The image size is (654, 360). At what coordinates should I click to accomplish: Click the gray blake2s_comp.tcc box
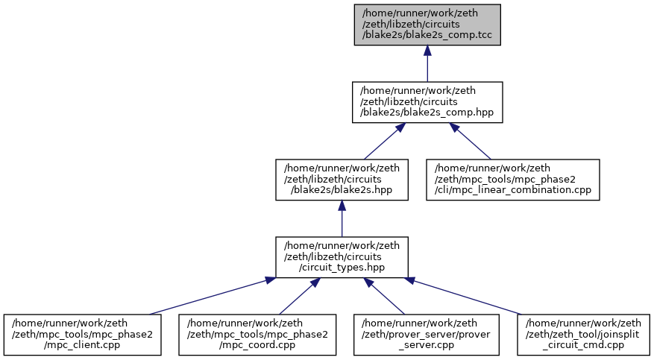pyautogui.click(x=427, y=25)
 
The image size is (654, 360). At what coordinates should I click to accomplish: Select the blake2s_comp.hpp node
pyautogui.click(x=427, y=102)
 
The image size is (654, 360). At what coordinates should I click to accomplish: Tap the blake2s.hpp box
pyautogui.click(x=342, y=180)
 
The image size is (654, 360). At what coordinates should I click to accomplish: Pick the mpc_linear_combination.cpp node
pyautogui.click(x=512, y=180)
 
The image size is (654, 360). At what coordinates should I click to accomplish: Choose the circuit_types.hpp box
pyautogui.click(x=342, y=257)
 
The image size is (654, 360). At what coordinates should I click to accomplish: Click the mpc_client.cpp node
pyautogui.click(x=82, y=335)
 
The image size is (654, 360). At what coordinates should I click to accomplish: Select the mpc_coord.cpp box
pyautogui.click(x=257, y=335)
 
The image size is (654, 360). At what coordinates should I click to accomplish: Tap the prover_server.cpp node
pyautogui.click(x=427, y=335)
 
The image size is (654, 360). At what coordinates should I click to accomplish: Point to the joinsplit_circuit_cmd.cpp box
pyautogui.click(x=583, y=335)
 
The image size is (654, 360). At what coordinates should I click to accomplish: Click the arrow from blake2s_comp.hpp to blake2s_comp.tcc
pyautogui.click(x=427, y=63)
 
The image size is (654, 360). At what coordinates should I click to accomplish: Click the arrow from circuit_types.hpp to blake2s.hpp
pyautogui.click(x=342, y=218)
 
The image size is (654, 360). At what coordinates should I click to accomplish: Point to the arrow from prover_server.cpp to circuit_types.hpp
pyautogui.click(x=384, y=296)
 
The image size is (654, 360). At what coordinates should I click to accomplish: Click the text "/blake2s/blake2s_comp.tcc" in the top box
pyautogui.click(x=427, y=35)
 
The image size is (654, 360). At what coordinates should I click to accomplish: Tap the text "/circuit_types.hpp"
pyautogui.click(x=342, y=268)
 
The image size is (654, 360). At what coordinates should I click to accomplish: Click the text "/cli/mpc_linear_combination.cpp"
pyautogui.click(x=512, y=190)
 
